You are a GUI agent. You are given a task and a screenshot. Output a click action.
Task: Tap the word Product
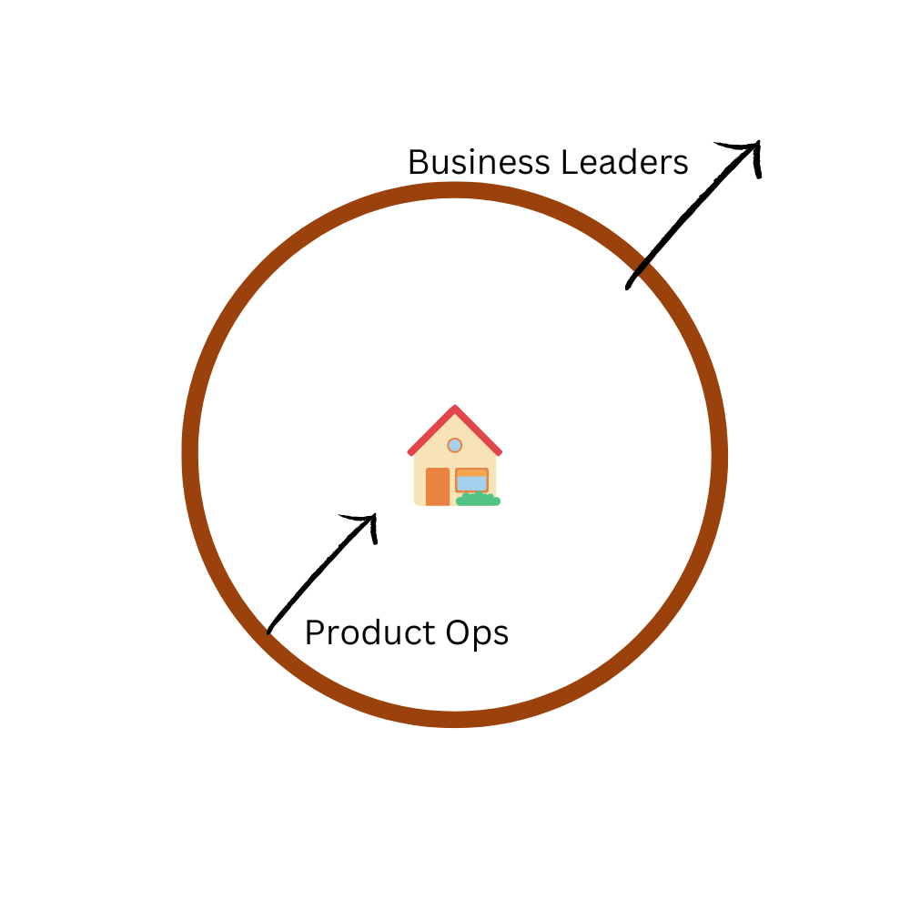[x=365, y=633]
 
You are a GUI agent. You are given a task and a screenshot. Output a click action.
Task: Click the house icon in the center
[x=455, y=457]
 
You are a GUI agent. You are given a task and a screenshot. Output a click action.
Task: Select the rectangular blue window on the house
[x=471, y=481]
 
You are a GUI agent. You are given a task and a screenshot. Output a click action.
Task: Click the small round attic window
[x=455, y=445]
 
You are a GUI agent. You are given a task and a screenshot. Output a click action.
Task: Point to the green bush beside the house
[x=478, y=500]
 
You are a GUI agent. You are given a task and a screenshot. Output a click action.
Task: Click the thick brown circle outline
[x=191, y=455]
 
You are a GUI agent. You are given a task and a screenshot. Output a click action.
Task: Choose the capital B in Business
[x=418, y=163]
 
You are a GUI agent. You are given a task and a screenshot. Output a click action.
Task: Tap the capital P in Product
[x=313, y=633]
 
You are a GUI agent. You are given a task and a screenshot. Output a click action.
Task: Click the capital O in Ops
[x=443, y=633]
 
